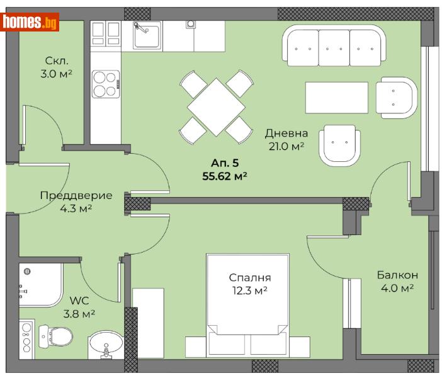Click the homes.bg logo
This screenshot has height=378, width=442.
[31, 22]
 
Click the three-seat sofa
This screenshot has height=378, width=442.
[334, 46]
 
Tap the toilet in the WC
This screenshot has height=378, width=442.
[53, 336]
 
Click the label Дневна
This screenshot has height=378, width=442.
[286, 133]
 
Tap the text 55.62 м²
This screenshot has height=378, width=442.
[224, 176]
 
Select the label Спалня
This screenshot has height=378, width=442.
[250, 277]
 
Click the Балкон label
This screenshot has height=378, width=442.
[397, 275]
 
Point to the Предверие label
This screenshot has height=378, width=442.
[76, 195]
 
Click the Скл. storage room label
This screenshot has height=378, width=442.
[57, 60]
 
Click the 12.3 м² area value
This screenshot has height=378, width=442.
[250, 290]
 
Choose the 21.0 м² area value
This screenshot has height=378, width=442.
[286, 146]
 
